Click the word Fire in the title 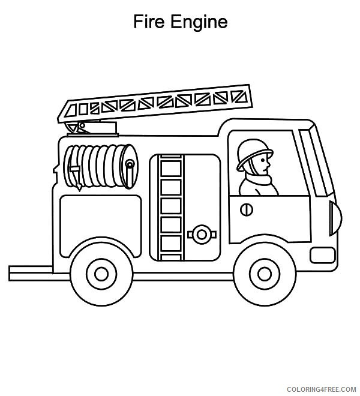tap(149, 22)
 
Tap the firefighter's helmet tap(254, 154)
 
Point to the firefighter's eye tap(263, 160)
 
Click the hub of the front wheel tap(265, 274)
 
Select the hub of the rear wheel tap(101, 274)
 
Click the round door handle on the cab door tap(247, 209)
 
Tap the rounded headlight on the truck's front tap(335, 218)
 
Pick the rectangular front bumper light tap(323, 255)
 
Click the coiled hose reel tap(101, 166)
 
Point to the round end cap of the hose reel tap(130, 166)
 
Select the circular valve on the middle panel tap(202, 235)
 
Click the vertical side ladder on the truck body tap(171, 208)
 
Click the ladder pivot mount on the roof tap(92, 128)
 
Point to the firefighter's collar tap(258, 179)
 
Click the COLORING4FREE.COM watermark tap(321, 389)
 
